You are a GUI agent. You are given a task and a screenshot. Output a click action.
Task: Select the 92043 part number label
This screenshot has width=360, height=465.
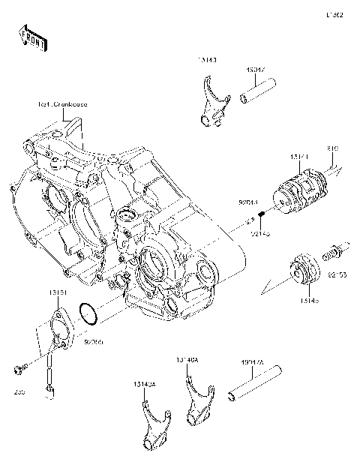click(x=248, y=202)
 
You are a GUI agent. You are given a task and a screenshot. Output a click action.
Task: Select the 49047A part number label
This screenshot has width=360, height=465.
click(x=251, y=361)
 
